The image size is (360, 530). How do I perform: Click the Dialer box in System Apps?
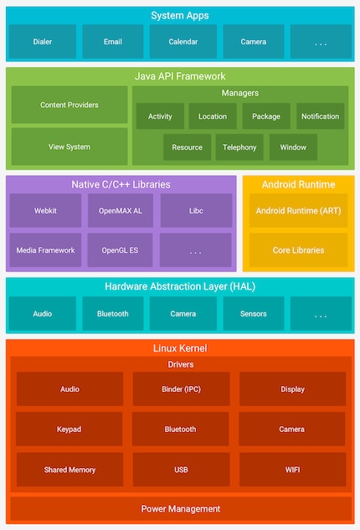click(x=42, y=41)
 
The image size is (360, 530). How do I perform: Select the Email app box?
click(x=112, y=41)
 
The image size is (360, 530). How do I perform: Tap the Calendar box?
click(x=183, y=41)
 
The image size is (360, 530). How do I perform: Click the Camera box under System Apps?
click(x=253, y=41)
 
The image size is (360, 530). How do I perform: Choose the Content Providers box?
click(x=69, y=105)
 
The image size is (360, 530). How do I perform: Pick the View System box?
click(x=69, y=146)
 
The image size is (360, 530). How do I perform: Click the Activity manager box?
click(x=160, y=116)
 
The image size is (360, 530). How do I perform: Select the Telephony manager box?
click(x=239, y=147)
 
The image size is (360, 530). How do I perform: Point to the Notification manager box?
click(x=320, y=116)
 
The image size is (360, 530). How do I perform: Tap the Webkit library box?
click(x=45, y=211)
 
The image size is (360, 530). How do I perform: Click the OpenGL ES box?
click(x=120, y=250)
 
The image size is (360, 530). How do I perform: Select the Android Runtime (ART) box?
click(x=298, y=211)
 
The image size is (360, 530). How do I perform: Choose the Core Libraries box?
click(x=298, y=250)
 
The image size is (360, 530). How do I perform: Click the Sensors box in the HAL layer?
click(x=253, y=314)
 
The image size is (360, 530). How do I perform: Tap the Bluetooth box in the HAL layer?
click(x=112, y=314)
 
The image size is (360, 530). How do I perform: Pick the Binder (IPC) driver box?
click(x=180, y=389)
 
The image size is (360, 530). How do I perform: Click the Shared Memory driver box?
click(x=69, y=470)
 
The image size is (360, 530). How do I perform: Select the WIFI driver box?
click(x=292, y=470)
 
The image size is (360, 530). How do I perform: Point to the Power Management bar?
click(x=180, y=508)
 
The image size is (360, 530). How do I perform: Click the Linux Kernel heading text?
click(x=180, y=347)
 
